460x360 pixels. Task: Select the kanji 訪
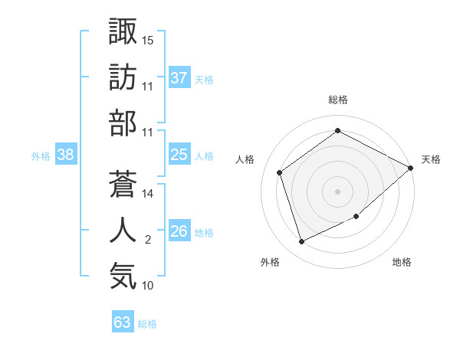[123, 76]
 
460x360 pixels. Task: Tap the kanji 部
[123, 123]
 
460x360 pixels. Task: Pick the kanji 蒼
[123, 183]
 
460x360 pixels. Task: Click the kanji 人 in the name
[123, 230]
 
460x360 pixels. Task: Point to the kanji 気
[123, 276]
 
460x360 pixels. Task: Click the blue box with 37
[179, 78]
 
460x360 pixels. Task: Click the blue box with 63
[122, 322]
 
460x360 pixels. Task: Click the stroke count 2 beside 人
[148, 240]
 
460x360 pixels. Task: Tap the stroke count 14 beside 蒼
[148, 194]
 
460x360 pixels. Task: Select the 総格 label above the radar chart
[337, 100]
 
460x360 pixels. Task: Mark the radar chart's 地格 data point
[356, 217]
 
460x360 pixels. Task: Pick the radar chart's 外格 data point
[301, 242]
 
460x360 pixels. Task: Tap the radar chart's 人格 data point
[280, 172]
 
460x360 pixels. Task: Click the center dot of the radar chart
[337, 191]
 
